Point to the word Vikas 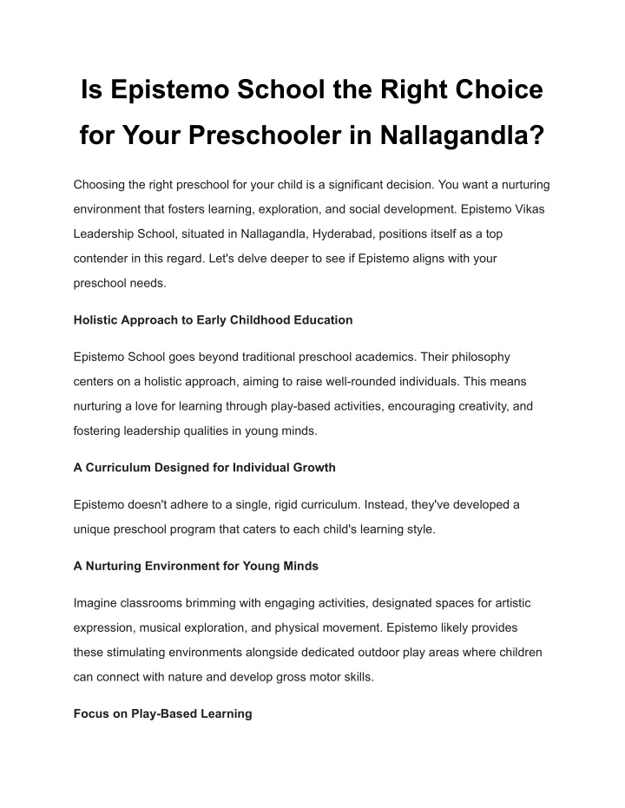(x=526, y=209)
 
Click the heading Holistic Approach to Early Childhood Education (x=213, y=319)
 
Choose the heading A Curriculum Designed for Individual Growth (x=204, y=467)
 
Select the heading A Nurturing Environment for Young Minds (x=195, y=566)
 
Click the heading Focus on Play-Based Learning (x=162, y=713)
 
